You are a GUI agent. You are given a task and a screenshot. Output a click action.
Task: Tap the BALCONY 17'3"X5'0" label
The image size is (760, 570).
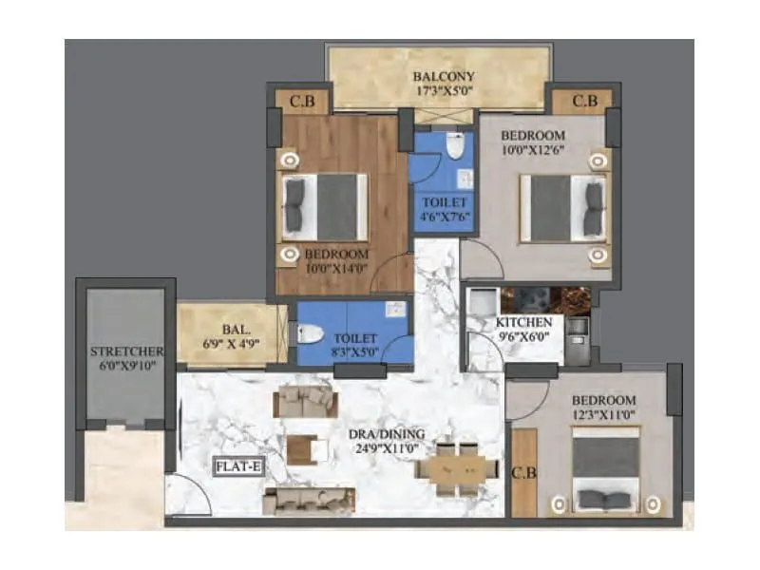tap(444, 84)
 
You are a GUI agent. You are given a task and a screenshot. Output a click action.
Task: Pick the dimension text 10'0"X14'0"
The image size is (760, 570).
tap(335, 268)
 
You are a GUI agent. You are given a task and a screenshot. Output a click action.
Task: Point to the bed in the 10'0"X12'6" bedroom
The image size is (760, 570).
tap(563, 206)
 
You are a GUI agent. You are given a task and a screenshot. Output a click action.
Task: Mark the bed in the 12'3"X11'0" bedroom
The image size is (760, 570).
tap(604, 470)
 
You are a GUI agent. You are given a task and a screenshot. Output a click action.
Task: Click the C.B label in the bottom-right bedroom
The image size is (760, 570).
tap(523, 471)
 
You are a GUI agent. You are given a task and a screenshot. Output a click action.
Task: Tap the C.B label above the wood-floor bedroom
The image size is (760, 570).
tap(301, 101)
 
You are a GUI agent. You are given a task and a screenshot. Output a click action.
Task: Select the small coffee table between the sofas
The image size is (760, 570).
tap(302, 448)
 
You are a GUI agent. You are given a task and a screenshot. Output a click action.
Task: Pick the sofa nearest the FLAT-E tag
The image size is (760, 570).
tap(309, 500)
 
